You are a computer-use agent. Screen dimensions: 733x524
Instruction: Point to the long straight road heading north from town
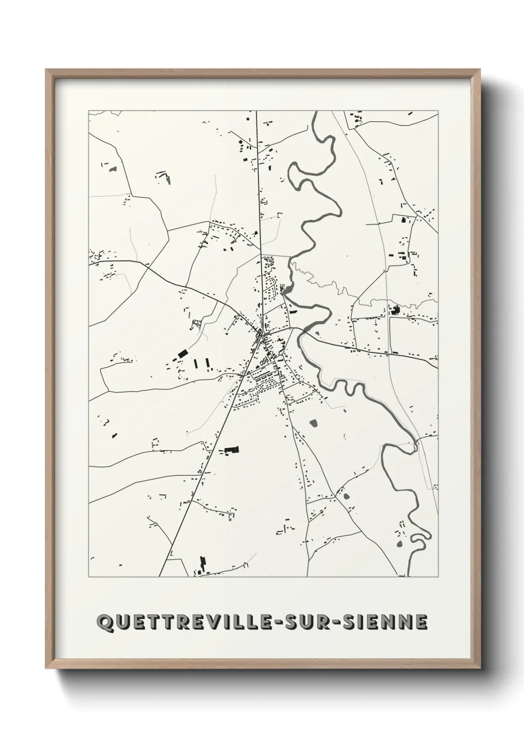[259, 198]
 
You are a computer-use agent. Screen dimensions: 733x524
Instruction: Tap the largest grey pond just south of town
[313, 423]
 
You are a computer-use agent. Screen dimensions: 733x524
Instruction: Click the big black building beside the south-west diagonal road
[231, 450]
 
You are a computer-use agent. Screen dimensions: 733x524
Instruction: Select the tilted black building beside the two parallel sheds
[182, 353]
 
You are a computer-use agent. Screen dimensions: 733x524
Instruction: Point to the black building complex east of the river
[395, 311]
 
